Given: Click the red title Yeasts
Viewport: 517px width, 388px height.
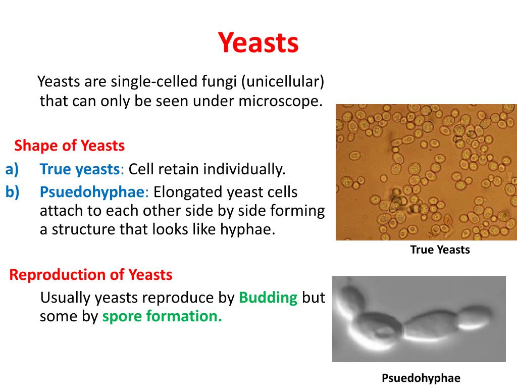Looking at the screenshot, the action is pyautogui.click(x=258, y=42).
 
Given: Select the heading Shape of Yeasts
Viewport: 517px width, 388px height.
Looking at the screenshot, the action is pyautogui.click(x=70, y=145).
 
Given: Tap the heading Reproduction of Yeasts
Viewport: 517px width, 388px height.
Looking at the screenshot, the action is pyautogui.click(x=91, y=274).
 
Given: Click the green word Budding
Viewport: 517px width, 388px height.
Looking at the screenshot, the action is pyautogui.click(x=268, y=298).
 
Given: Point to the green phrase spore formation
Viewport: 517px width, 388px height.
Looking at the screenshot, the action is pyautogui.click(x=162, y=316).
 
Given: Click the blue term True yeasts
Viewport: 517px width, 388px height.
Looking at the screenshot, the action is pyautogui.click(x=80, y=170).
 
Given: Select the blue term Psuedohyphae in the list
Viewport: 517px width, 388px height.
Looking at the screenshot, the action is pyautogui.click(x=92, y=192).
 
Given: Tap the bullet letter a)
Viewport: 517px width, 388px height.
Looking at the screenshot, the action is pyautogui.click(x=12, y=169).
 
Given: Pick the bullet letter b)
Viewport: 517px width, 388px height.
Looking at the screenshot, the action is pyautogui.click(x=12, y=191).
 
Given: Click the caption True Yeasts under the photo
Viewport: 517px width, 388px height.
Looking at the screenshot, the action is pyautogui.click(x=440, y=250).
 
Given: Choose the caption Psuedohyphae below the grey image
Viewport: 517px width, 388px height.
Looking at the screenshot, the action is pyautogui.click(x=421, y=378).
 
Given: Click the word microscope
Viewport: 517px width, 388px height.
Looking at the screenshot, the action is pyautogui.click(x=280, y=101).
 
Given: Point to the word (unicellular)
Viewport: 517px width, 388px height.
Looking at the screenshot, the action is pyautogui.click(x=283, y=81).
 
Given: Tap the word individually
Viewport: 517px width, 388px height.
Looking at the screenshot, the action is pyautogui.click(x=244, y=169).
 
